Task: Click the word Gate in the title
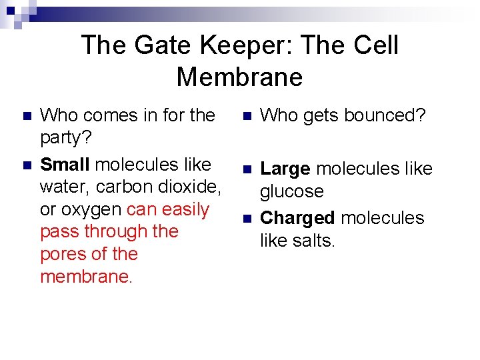point(155,45)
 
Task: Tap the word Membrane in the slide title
point(239,77)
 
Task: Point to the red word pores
point(63,254)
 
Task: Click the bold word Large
point(285,169)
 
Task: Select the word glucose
point(291,191)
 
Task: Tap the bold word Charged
point(297,218)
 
